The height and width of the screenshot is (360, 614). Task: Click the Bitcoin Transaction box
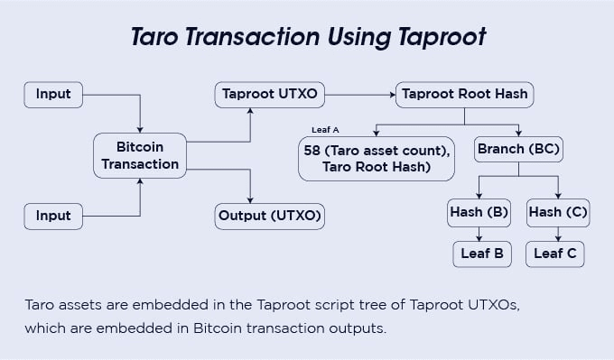pyautogui.click(x=140, y=155)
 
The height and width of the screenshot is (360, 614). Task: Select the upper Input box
pyautogui.click(x=53, y=94)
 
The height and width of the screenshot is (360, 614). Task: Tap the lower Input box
pyautogui.click(x=53, y=217)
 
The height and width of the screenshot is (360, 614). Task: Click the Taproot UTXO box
pyautogui.click(x=269, y=94)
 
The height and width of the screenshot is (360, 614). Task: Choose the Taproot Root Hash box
pyautogui.click(x=464, y=94)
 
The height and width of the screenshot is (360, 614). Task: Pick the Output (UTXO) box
pyautogui.click(x=269, y=217)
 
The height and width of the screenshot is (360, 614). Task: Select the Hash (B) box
pyautogui.click(x=479, y=213)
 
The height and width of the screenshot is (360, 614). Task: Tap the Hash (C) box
pyautogui.click(x=558, y=213)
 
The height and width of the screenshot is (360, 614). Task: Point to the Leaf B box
pyautogui.click(x=482, y=254)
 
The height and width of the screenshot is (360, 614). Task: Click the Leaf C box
pyautogui.click(x=554, y=254)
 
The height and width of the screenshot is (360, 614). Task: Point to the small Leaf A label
pyautogui.click(x=325, y=130)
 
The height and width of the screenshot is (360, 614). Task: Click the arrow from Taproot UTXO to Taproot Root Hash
pyautogui.click(x=361, y=94)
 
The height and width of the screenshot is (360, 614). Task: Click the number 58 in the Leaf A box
pyautogui.click(x=313, y=149)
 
